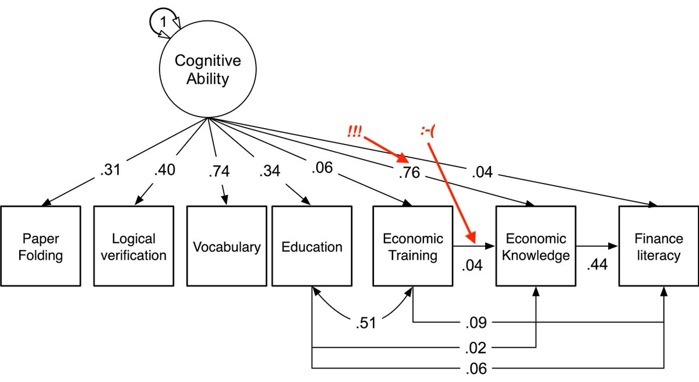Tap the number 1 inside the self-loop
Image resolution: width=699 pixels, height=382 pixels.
(164, 21)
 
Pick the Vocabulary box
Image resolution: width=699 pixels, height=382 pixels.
(227, 246)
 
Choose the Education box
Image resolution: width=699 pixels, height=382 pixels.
(312, 246)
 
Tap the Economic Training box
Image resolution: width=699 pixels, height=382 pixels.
(412, 246)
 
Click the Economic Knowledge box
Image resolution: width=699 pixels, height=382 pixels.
(535, 246)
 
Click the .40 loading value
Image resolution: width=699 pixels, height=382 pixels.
(165, 171)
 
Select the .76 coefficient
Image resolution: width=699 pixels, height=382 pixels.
(410, 172)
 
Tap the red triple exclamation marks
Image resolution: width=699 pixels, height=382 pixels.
(354, 133)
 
